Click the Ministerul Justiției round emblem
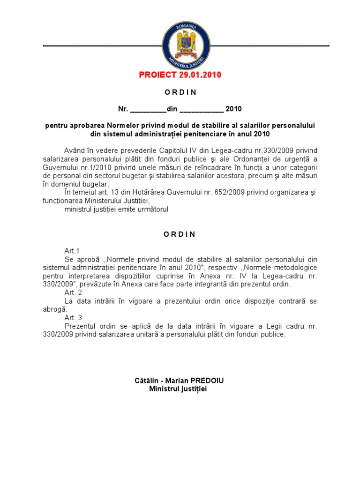(x=186, y=45)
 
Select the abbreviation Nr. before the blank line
(x=123, y=109)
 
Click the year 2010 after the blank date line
(x=233, y=109)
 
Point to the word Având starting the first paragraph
(x=75, y=150)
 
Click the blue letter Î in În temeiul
(x=66, y=193)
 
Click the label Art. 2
(x=73, y=292)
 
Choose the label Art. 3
(x=73, y=318)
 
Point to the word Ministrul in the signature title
(x=164, y=389)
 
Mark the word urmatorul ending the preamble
(x=151, y=210)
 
